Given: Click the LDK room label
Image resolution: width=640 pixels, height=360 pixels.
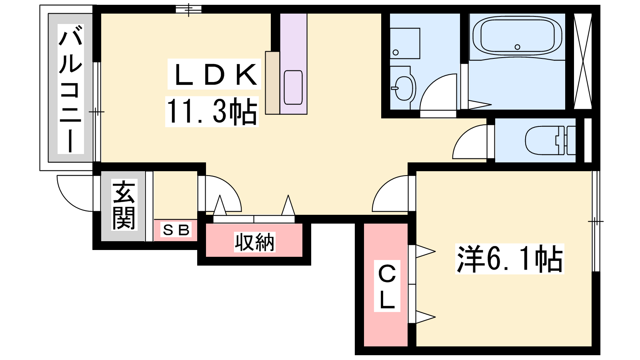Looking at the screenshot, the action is (x=215, y=74).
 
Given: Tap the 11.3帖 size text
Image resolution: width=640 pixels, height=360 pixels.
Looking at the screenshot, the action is (x=212, y=112).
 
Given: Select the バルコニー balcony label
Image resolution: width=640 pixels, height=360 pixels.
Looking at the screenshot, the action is (x=70, y=89).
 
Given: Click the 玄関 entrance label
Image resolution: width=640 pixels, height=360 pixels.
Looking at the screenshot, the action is (x=124, y=205).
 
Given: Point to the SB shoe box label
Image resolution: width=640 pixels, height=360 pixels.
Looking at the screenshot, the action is (x=176, y=230).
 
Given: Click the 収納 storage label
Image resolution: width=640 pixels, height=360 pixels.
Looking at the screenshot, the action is (x=254, y=242).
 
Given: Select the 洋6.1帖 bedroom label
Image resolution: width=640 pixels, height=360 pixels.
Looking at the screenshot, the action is (x=510, y=258).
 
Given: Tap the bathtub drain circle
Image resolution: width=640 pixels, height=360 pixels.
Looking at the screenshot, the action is (x=518, y=47).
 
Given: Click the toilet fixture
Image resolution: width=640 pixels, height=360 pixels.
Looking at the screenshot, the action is (x=550, y=140).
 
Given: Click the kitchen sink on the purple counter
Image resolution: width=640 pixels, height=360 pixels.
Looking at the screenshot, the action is (x=293, y=88).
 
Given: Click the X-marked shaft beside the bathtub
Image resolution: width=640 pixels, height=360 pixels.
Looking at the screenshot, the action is (x=582, y=61).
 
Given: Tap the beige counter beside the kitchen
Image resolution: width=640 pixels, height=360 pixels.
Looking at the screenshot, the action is (x=272, y=83).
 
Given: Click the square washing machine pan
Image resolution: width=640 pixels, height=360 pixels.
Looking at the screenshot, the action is (x=405, y=44).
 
